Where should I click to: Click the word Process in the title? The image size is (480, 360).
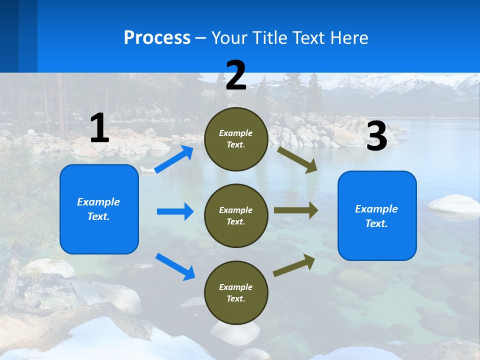pos(157,38)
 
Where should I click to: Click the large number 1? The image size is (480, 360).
pos(99,128)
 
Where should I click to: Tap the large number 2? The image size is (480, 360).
pos(236,75)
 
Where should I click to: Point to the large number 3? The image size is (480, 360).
pos(377,136)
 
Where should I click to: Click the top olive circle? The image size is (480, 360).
pos(236,139)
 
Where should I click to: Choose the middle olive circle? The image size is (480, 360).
pos(236,216)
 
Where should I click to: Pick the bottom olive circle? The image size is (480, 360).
pos(236,293)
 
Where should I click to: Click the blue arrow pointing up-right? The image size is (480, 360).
pos(174,159)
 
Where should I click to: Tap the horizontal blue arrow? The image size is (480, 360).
pos(175,211)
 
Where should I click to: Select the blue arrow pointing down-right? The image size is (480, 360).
pos(175,266)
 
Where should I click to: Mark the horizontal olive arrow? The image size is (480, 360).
pos(296,210)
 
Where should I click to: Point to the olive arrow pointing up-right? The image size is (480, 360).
pos(294,265)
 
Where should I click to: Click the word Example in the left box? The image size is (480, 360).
pos(98,202)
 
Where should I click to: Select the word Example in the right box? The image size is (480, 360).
pos(376,209)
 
